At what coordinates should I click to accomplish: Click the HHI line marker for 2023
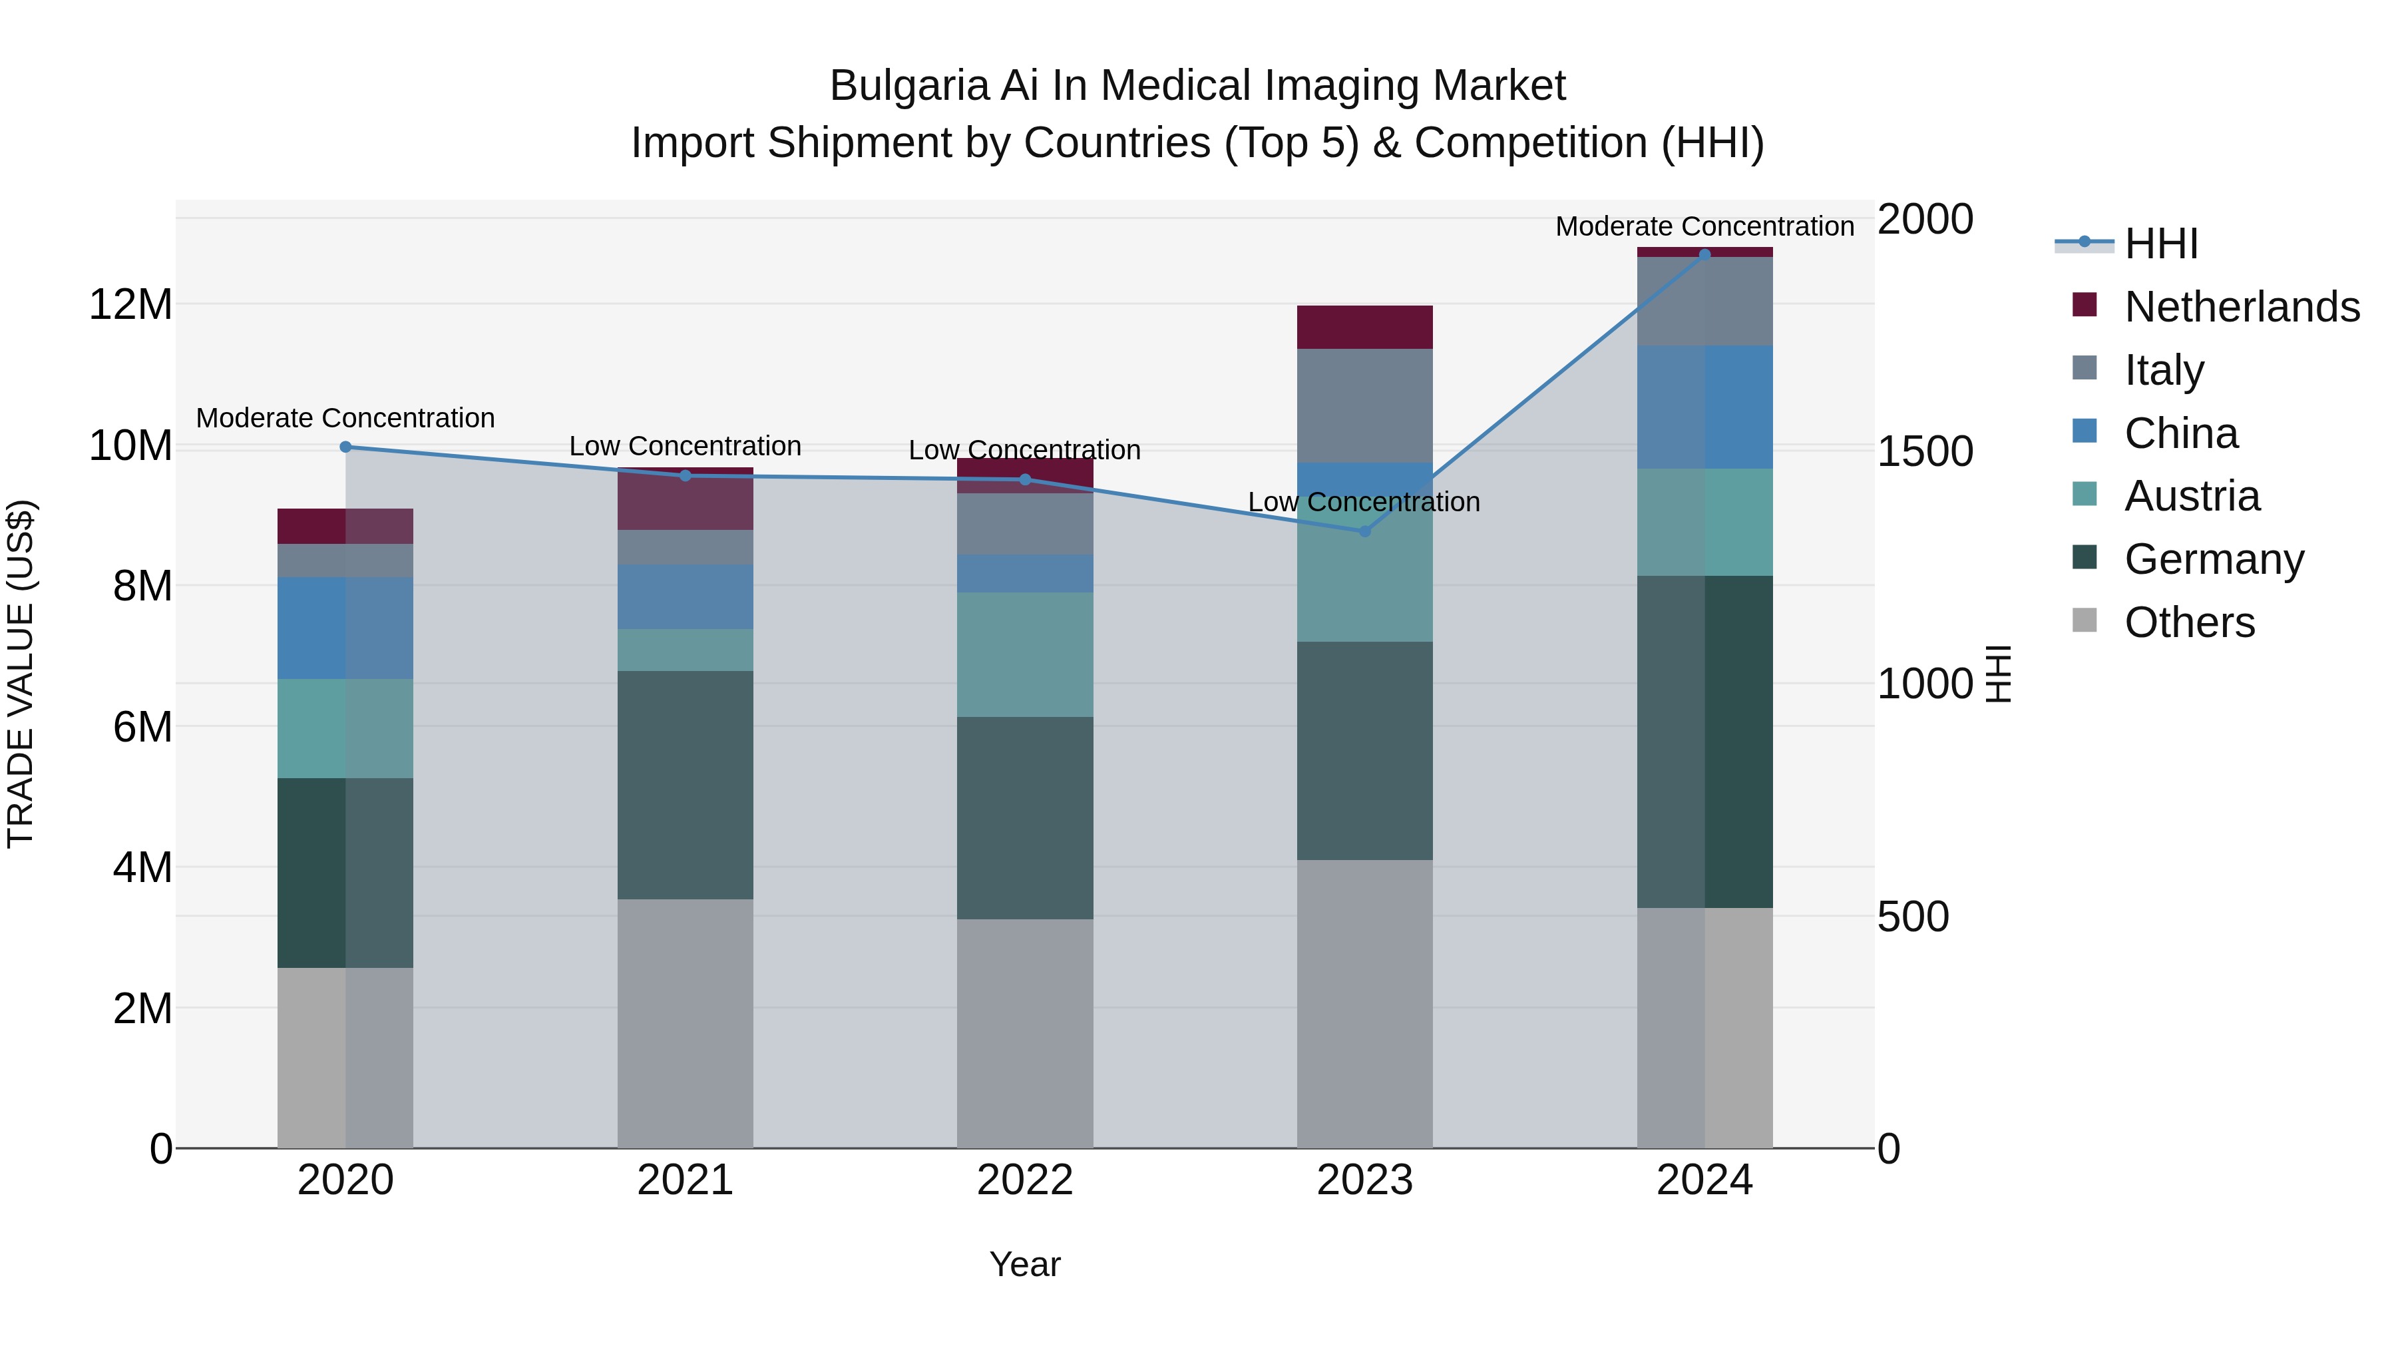pos(1364,531)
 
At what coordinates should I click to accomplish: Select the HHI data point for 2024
pos(1704,254)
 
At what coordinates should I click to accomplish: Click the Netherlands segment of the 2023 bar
pos(1364,327)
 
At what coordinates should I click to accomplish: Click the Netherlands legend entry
pos(2241,307)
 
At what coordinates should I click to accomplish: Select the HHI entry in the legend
pos(2160,244)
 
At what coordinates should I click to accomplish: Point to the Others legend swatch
pos(2085,620)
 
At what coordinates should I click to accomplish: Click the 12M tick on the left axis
pos(130,305)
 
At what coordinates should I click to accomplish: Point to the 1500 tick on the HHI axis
pos(1923,451)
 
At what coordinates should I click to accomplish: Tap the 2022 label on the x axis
pos(1024,1180)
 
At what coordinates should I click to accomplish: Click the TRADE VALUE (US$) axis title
pos(21,674)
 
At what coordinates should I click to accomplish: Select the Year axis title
pos(1024,1264)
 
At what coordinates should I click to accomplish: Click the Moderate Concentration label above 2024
pos(1704,226)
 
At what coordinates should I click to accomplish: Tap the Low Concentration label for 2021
pos(685,447)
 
